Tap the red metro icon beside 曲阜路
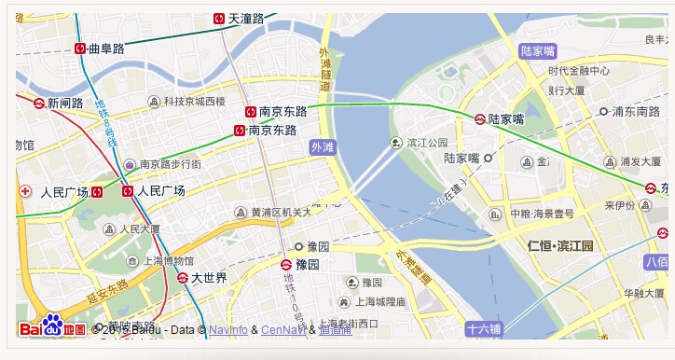click(x=80, y=49)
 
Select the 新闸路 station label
click(x=66, y=104)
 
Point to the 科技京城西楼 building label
click(x=194, y=101)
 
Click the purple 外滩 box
click(x=322, y=146)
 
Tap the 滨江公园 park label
click(x=427, y=143)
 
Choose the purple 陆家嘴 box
click(x=538, y=50)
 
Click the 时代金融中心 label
click(x=579, y=71)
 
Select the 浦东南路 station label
click(x=636, y=111)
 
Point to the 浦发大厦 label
click(x=641, y=161)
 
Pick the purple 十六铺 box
click(x=484, y=328)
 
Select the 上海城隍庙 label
click(x=379, y=302)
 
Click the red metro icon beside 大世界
click(x=183, y=277)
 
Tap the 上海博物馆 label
click(x=169, y=260)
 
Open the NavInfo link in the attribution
click(x=228, y=329)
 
